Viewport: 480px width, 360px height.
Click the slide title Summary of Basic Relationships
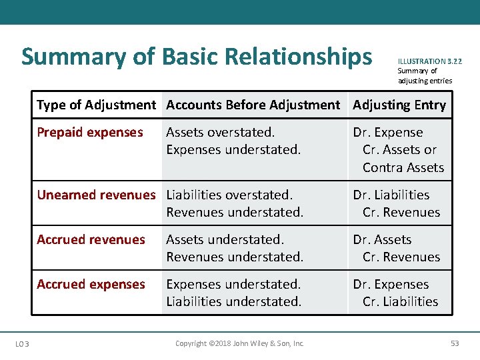pos(197,57)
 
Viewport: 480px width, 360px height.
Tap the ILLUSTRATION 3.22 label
pos(429,61)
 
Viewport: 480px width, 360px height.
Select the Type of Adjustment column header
pos(96,105)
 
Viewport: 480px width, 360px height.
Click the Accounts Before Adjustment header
pos(253,105)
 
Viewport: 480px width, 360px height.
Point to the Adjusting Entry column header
pos(399,105)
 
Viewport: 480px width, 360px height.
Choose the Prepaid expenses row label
pos(90,132)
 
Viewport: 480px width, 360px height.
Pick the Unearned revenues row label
pos(96,195)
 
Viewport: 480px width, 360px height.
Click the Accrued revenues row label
pos(91,239)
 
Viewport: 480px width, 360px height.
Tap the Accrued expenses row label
pos(91,284)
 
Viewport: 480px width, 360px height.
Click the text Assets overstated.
pos(220,132)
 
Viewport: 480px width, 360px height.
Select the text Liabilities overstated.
pos(229,195)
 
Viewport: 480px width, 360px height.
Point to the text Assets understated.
pos(225,239)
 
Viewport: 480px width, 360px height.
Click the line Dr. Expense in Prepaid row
pos(388,132)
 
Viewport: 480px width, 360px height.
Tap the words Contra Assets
pos(403,167)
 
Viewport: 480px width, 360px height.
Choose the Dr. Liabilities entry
pos(391,195)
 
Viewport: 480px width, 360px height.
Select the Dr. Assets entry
pos(383,239)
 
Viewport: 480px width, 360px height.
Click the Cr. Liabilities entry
pos(401,301)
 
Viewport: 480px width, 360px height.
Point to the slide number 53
pos(455,343)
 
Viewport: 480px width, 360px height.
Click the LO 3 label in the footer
pos(22,343)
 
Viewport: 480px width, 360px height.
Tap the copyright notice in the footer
pos(239,343)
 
